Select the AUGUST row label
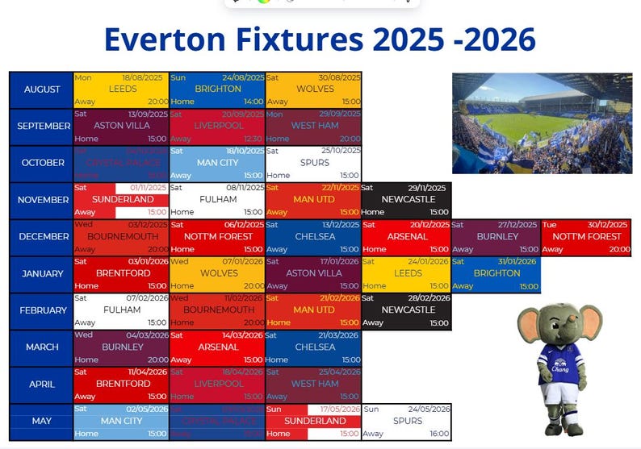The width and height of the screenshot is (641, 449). point(42,89)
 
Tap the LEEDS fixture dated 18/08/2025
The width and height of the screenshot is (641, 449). point(122,89)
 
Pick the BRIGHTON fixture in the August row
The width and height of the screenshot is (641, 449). point(218,89)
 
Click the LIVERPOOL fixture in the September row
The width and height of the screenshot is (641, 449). point(218,126)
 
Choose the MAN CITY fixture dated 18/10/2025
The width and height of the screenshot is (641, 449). point(218,163)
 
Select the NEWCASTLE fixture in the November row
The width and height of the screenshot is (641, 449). point(409,199)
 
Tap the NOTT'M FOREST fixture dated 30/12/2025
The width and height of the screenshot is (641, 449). point(585,237)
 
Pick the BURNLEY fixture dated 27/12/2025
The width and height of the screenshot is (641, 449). point(496,237)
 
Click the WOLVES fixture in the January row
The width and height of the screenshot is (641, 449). point(218,273)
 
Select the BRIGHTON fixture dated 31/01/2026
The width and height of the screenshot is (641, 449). point(496,273)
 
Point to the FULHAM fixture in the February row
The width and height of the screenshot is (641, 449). point(122,310)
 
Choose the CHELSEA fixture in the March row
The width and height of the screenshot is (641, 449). point(314,347)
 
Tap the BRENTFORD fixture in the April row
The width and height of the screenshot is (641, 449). point(122,384)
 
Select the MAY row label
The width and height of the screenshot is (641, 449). point(42,421)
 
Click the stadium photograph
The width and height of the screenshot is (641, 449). point(542,123)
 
